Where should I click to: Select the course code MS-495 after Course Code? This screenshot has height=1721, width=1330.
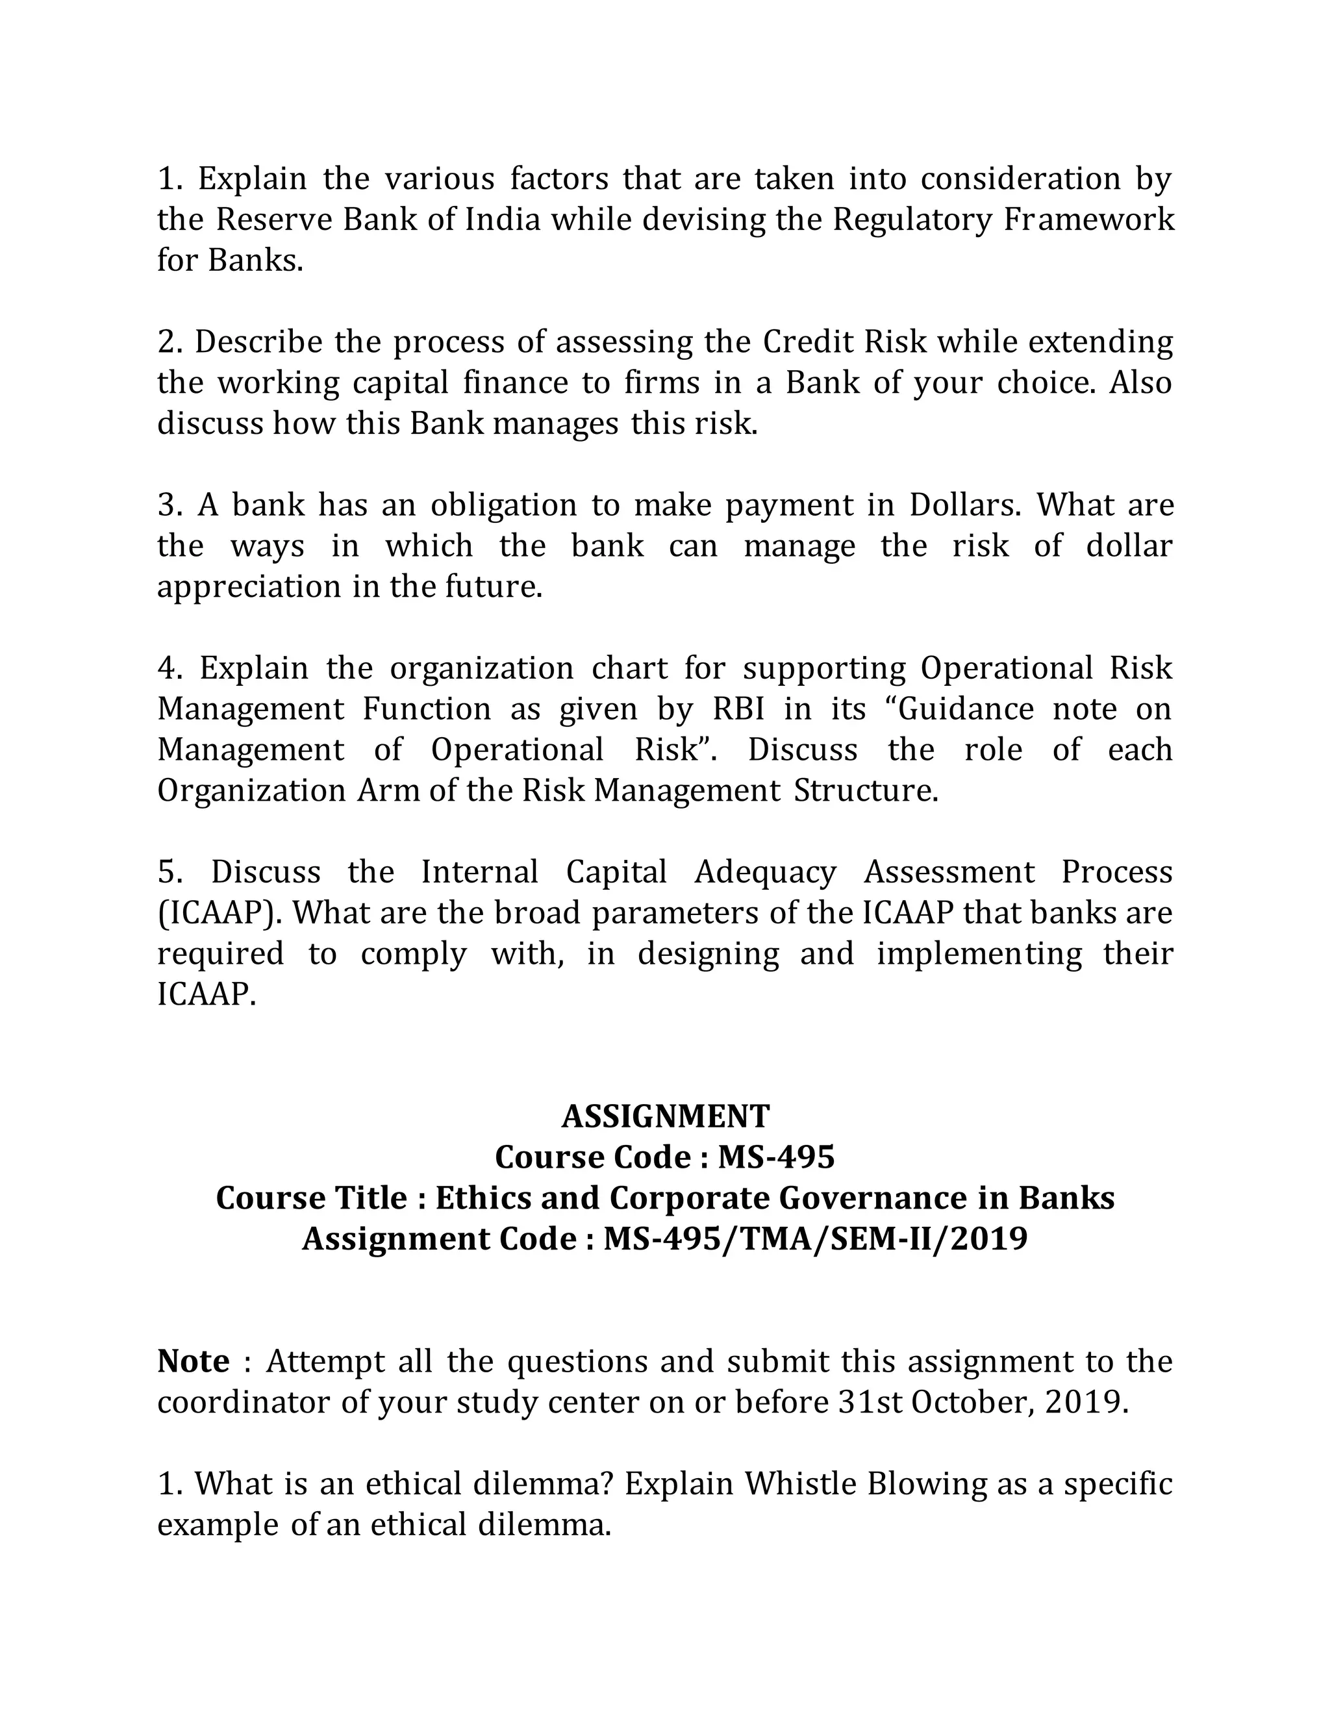coord(775,1157)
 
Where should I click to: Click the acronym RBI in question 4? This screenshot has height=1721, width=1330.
coord(738,709)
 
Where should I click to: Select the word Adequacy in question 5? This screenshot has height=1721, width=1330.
coord(764,872)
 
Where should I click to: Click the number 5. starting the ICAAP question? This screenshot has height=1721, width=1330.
coord(170,872)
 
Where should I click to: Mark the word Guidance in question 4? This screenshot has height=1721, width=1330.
coord(965,709)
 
